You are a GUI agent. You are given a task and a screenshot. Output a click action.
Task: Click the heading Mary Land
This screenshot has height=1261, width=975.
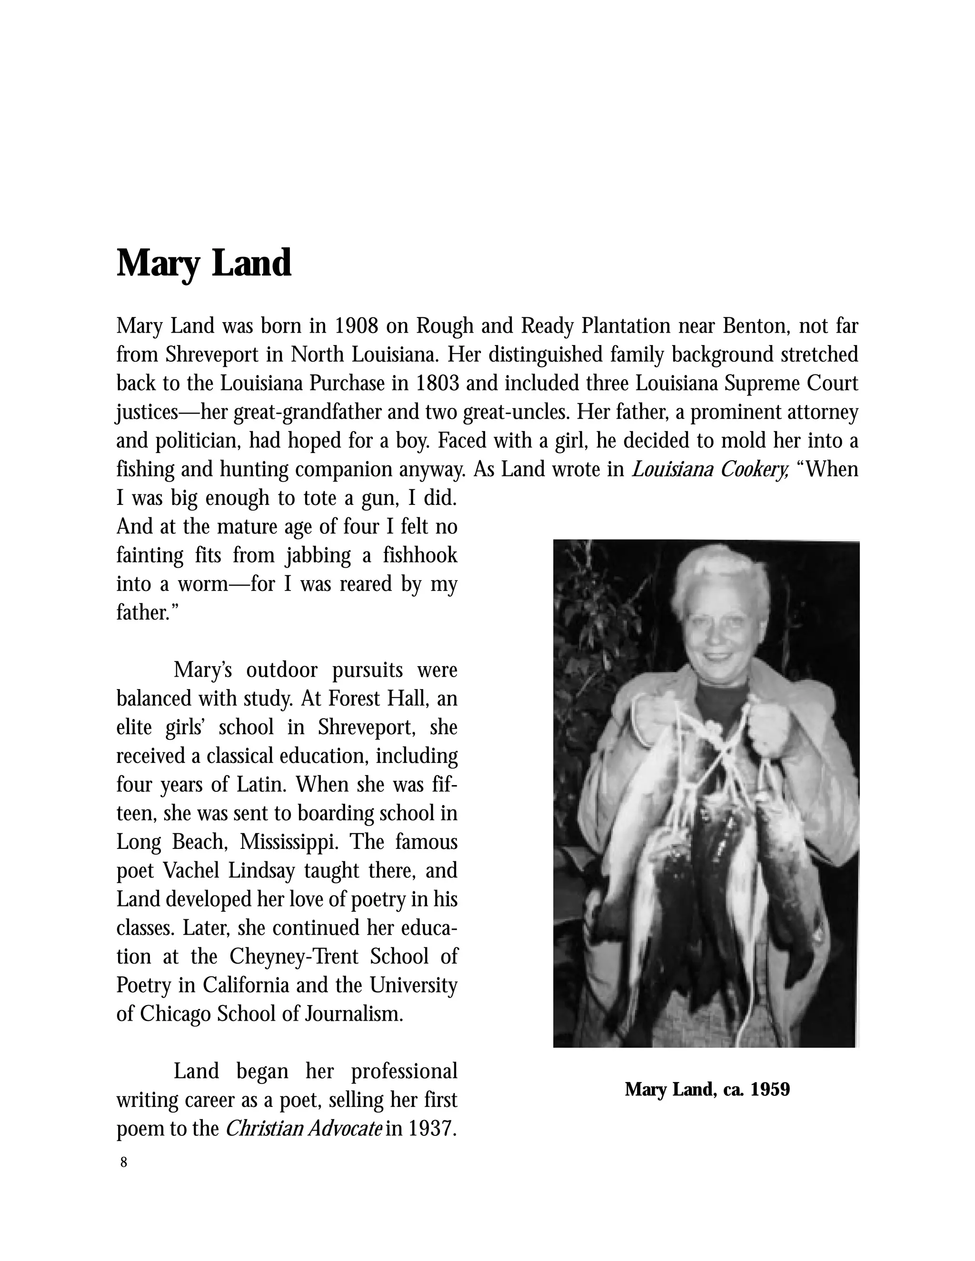click(203, 263)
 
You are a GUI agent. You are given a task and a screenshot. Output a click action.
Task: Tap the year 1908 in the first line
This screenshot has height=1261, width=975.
click(357, 326)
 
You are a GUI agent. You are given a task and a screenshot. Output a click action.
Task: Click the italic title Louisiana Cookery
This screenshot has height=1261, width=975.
click(710, 469)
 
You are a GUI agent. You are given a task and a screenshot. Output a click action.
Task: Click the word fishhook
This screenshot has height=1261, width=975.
click(420, 555)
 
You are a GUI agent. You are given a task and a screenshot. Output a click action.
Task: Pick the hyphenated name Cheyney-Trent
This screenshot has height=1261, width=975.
click(295, 957)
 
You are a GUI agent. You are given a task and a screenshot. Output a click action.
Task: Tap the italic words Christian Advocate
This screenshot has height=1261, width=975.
click(303, 1128)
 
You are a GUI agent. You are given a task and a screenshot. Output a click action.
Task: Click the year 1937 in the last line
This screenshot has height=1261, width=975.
click(432, 1128)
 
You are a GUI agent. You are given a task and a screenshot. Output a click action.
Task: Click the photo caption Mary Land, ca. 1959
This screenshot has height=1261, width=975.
click(707, 1090)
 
